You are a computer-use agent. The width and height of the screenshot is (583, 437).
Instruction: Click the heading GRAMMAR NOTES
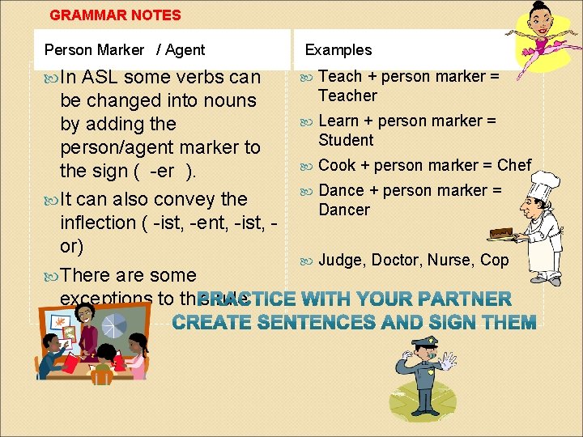click(115, 15)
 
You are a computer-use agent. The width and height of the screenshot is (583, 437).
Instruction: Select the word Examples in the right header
click(338, 49)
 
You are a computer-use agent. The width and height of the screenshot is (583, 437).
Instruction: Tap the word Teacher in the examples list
click(347, 95)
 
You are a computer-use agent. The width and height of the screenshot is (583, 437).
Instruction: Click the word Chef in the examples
click(514, 165)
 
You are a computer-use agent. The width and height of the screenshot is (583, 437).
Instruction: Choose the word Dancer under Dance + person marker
click(344, 210)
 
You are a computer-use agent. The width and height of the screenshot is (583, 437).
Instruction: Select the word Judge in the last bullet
click(341, 260)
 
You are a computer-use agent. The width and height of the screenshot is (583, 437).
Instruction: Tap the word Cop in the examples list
click(493, 260)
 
